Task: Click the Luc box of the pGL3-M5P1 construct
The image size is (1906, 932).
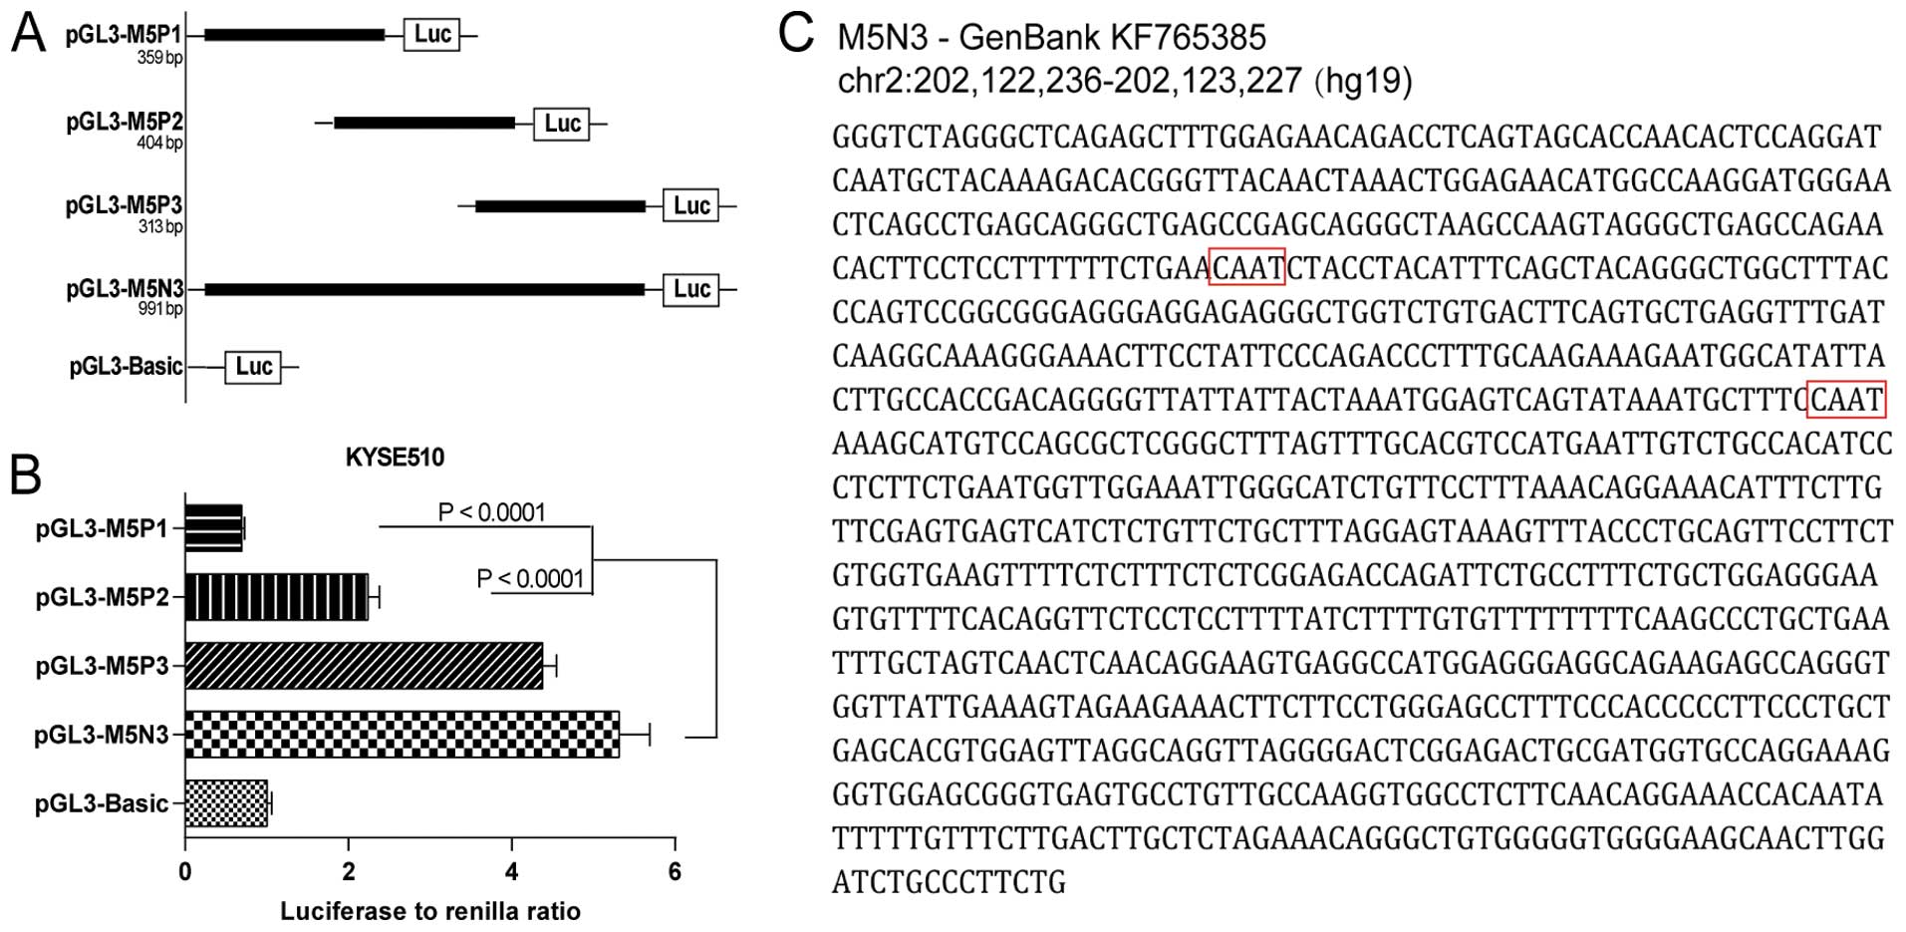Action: tap(431, 35)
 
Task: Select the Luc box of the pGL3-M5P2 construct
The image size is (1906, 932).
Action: tap(562, 124)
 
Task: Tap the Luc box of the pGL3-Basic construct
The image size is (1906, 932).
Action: tap(253, 367)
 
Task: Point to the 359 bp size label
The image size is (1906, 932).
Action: tap(159, 58)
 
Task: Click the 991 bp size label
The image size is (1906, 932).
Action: tap(159, 309)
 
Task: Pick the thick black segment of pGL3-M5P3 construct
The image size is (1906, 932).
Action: tap(560, 206)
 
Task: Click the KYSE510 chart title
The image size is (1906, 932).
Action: tap(395, 458)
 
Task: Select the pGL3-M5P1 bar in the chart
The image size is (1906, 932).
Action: tap(214, 527)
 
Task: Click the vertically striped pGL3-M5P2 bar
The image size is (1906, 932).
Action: tap(276, 597)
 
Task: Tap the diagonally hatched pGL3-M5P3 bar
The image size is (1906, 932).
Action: tap(364, 666)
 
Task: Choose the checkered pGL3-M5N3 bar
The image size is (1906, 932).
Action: tap(402, 735)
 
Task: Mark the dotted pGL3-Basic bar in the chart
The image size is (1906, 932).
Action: tap(226, 803)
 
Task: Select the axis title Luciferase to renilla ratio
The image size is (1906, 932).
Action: tap(429, 911)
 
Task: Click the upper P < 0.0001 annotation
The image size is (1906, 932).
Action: tap(492, 512)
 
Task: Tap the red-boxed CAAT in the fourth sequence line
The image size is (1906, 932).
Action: tap(1246, 267)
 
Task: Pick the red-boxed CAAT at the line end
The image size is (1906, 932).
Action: tap(1846, 400)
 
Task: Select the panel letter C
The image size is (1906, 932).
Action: tap(796, 33)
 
